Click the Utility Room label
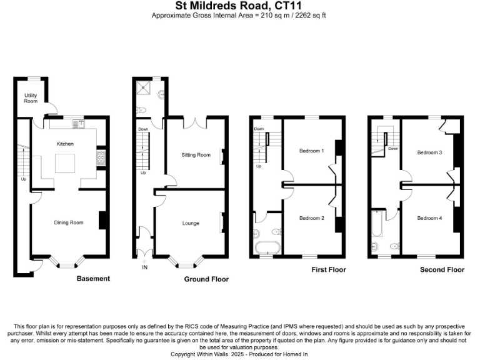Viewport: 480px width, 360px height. (31, 98)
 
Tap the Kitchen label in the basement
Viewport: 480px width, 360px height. (65, 144)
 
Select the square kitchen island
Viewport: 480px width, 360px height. (65, 164)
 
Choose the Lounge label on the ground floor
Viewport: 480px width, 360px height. (191, 223)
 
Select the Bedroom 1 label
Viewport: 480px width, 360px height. (311, 151)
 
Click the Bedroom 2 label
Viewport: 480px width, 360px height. (311, 218)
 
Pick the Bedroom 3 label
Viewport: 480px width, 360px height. (430, 152)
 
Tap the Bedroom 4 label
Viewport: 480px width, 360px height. (430, 218)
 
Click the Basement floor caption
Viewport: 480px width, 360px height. (93, 279)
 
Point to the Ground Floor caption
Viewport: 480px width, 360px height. (206, 279)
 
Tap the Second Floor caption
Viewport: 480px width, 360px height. (442, 270)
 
